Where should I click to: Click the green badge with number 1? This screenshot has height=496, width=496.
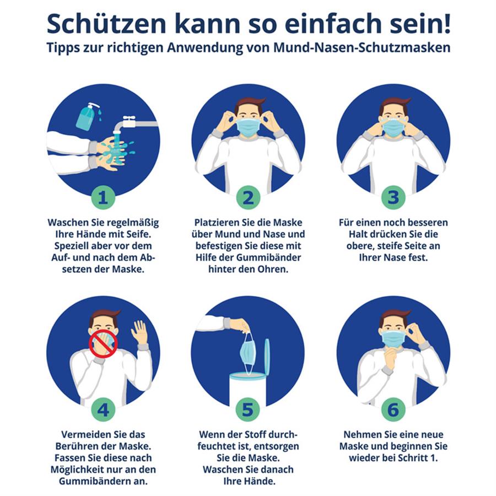click(x=103, y=197)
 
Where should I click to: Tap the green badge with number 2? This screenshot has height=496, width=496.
click(x=248, y=197)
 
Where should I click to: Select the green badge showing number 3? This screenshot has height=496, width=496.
click(x=393, y=197)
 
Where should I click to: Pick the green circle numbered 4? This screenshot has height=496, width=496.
click(x=103, y=409)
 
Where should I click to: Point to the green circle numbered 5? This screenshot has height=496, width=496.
click(x=248, y=409)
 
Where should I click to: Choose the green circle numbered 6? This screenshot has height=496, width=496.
click(x=393, y=409)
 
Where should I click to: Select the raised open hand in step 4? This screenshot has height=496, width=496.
click(x=139, y=332)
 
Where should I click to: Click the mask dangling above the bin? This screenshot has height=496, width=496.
click(x=247, y=352)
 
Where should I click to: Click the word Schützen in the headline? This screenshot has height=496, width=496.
click(x=106, y=24)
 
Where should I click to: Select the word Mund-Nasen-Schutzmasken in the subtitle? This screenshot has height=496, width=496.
click(x=362, y=47)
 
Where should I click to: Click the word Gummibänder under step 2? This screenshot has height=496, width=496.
click(x=268, y=257)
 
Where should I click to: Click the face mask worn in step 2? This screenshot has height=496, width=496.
click(x=248, y=127)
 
